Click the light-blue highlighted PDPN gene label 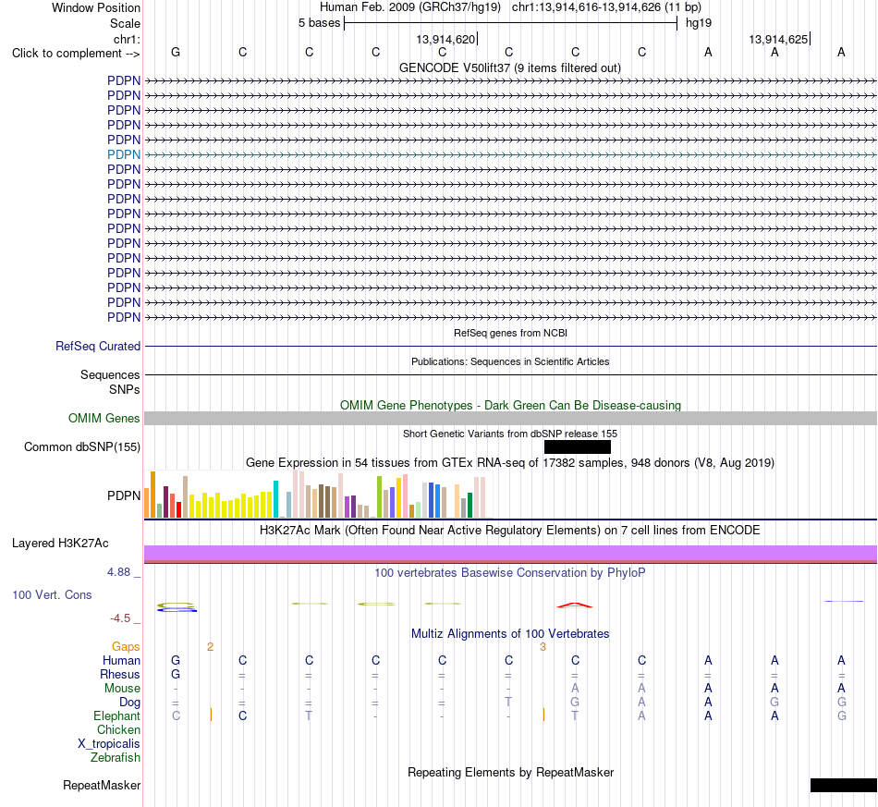(x=124, y=154)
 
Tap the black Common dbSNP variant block (x=578, y=446)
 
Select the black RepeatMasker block (x=843, y=785)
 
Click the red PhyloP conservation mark (x=575, y=605)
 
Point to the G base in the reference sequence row (x=176, y=53)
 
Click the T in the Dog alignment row (x=508, y=703)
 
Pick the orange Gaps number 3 (x=543, y=647)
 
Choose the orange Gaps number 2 (x=210, y=647)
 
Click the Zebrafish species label (x=116, y=758)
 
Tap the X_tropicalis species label (x=109, y=744)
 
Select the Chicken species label (x=118, y=729)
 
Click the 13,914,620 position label (x=445, y=39)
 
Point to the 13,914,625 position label (x=778, y=39)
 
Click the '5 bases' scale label (x=319, y=23)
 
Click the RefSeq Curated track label (x=98, y=346)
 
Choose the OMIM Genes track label (x=104, y=419)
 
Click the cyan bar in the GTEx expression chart (x=275, y=498)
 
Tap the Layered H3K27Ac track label (x=60, y=544)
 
